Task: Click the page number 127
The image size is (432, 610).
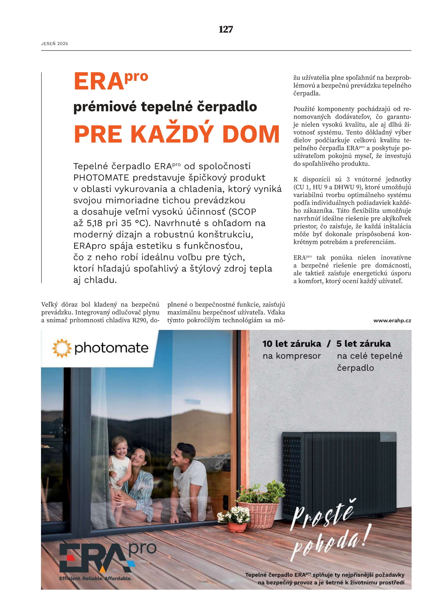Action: click(x=226, y=29)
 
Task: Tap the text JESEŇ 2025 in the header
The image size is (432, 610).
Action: click(x=55, y=44)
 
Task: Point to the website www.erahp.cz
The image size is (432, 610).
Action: click(x=392, y=321)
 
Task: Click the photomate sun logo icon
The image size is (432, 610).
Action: click(x=62, y=348)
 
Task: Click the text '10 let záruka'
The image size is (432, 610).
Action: click(x=292, y=344)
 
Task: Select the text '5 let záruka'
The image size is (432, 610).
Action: click(x=363, y=344)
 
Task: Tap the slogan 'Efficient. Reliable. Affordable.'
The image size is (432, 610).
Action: click(x=95, y=578)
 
